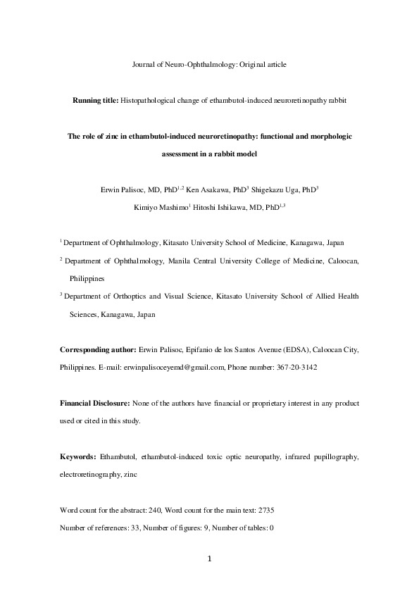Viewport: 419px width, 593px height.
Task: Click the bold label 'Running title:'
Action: pyautogui.click(x=96, y=101)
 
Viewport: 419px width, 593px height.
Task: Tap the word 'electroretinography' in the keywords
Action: pyautogui.click(x=89, y=475)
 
